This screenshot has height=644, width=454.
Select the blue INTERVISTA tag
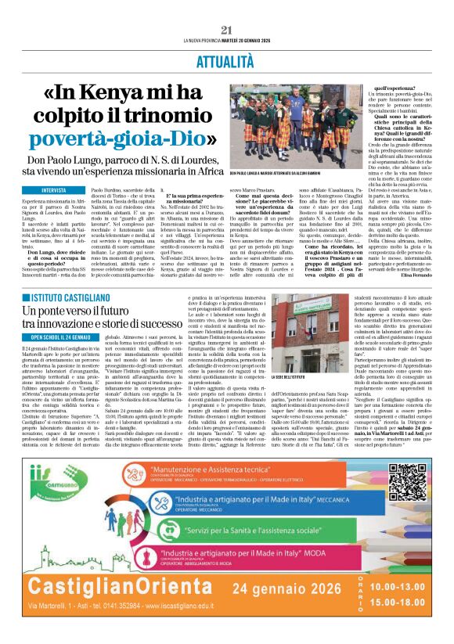pos(54,190)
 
